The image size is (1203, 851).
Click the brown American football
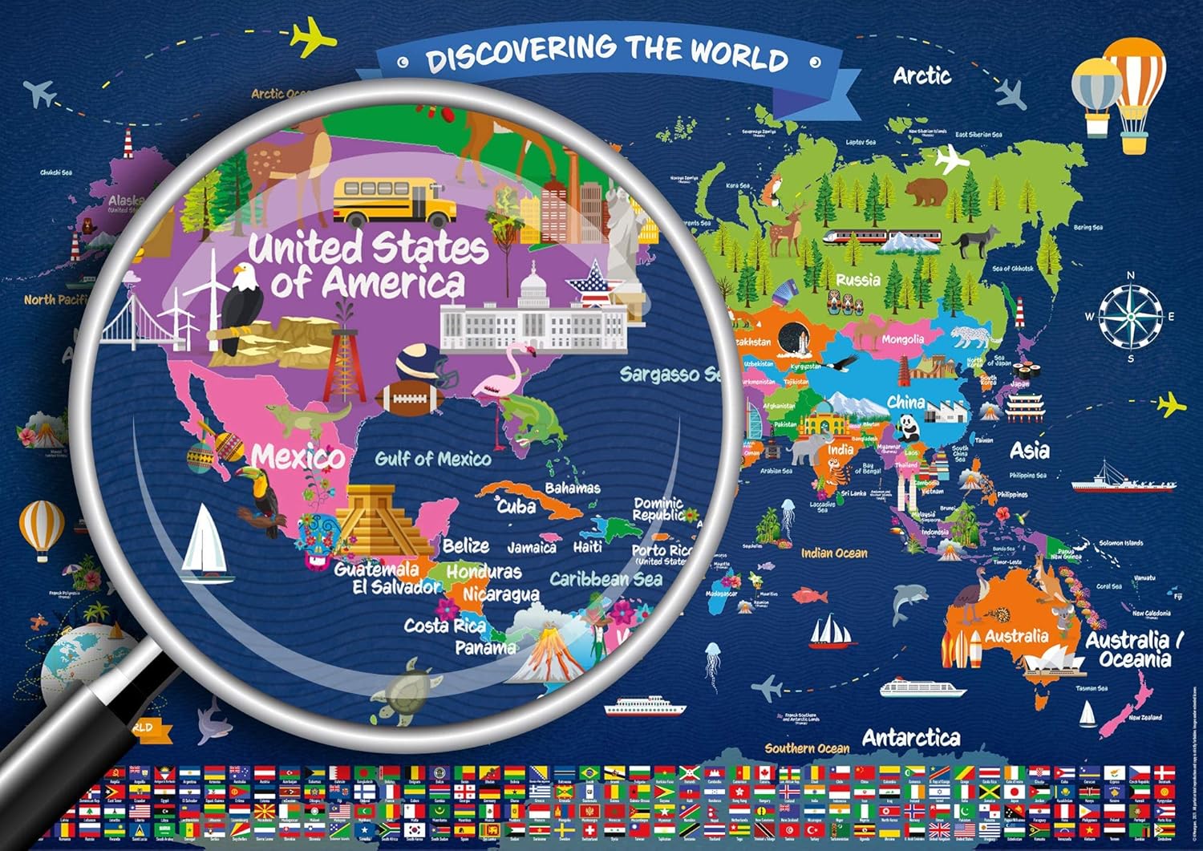(x=409, y=398)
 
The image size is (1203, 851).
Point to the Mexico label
(x=298, y=457)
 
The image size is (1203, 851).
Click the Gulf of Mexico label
(x=433, y=459)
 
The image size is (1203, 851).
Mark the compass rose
(x=1130, y=316)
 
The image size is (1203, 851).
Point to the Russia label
(x=858, y=280)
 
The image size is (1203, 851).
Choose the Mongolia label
(x=902, y=339)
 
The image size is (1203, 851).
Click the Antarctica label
(x=911, y=737)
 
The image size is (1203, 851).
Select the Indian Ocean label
(x=834, y=553)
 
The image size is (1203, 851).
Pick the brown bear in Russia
(x=927, y=192)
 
